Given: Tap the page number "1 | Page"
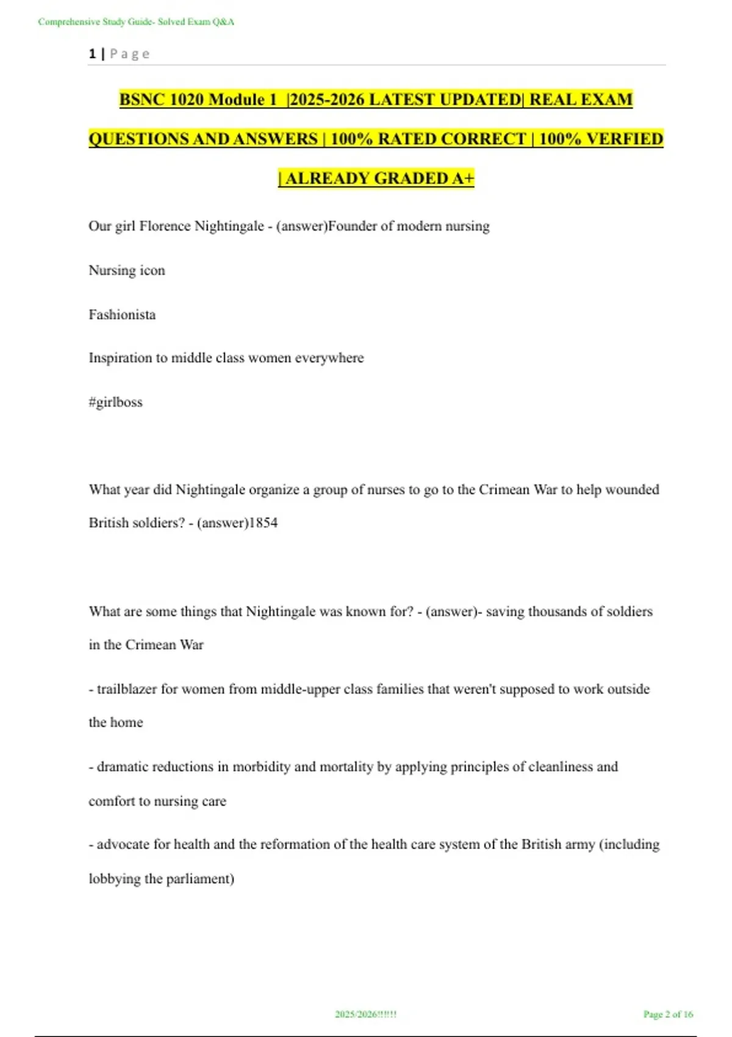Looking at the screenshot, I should (x=119, y=54).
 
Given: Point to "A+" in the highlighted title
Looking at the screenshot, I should (x=463, y=178).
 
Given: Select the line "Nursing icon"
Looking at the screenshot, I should (x=127, y=270).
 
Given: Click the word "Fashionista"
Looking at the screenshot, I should (x=122, y=315).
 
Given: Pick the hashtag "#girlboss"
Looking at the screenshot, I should (x=115, y=402).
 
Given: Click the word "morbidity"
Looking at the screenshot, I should (x=262, y=767).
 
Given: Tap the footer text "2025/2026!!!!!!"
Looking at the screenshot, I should (x=365, y=1014).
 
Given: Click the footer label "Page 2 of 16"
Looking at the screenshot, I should (x=668, y=1014).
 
